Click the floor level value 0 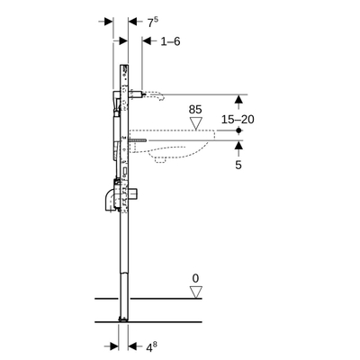(196, 278)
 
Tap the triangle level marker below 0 (196, 292)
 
